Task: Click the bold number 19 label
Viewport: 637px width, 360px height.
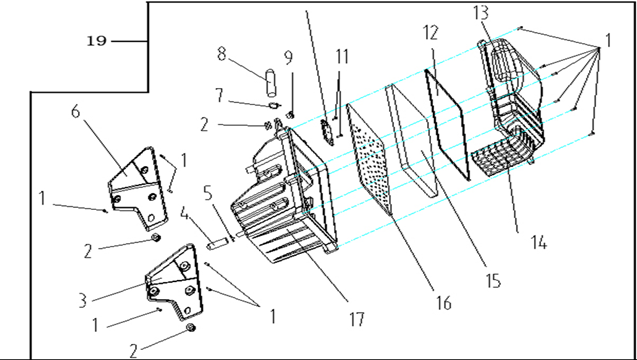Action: tap(97, 41)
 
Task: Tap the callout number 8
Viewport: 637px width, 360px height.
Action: tap(221, 54)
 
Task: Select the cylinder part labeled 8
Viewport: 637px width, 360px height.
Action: tap(271, 83)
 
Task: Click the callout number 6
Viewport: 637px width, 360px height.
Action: tap(76, 111)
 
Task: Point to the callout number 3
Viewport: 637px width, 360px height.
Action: tap(83, 301)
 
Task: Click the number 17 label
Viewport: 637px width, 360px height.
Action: tap(357, 319)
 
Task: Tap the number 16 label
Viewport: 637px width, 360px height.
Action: tap(443, 303)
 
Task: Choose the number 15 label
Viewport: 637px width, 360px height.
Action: tap(493, 281)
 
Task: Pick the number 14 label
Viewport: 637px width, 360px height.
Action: tap(539, 243)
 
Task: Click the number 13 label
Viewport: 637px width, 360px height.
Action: tap(481, 13)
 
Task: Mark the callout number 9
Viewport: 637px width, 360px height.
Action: tap(288, 58)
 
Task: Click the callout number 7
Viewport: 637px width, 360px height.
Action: tap(219, 95)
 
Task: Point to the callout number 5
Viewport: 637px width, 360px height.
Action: tap(208, 193)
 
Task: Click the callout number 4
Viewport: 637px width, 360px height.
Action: tap(184, 214)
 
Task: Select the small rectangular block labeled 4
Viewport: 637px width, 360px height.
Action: tap(215, 245)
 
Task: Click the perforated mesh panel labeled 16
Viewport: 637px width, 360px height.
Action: tap(369, 159)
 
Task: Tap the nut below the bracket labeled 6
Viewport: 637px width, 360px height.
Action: tap(155, 237)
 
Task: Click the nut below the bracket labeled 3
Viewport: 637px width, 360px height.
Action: tap(190, 327)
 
